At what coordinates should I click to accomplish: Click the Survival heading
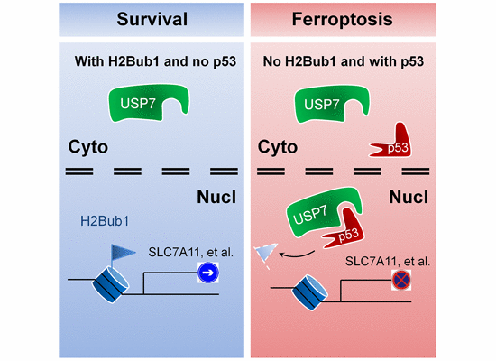152,19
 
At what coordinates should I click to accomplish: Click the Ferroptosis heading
343,19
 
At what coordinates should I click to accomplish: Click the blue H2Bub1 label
105,221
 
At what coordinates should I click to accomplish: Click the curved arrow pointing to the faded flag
297,255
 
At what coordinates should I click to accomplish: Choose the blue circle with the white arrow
208,273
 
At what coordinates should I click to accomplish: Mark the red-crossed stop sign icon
401,280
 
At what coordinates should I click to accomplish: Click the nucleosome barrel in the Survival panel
110,285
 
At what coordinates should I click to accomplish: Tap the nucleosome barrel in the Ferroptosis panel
310,293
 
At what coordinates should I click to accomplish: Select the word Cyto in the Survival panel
88,147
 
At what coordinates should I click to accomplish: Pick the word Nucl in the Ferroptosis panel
409,197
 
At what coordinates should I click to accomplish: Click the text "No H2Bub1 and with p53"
344,61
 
